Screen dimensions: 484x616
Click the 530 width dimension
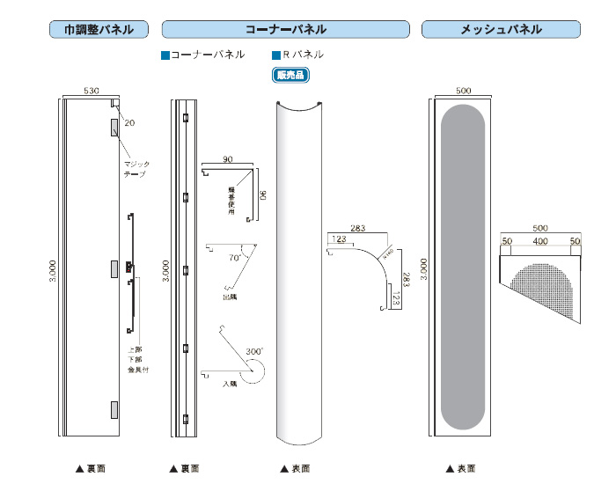91,91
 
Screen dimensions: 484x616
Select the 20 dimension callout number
130,122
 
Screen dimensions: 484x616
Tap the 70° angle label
236,259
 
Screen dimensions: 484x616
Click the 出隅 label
231,297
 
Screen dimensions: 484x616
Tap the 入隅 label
230,384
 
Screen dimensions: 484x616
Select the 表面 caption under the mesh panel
460,468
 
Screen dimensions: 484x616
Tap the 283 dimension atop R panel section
358,229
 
